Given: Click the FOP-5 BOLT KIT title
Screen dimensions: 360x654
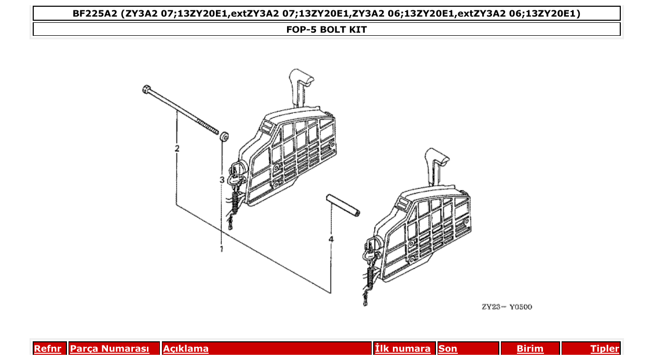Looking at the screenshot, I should point(326,30).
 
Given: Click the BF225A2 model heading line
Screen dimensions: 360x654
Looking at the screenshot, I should point(326,13).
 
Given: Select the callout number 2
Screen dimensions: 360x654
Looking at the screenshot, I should point(177,149).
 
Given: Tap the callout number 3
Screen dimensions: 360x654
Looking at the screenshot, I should point(222,180).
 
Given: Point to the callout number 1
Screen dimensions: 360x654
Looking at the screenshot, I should point(221,249).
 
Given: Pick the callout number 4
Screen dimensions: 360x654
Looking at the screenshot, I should point(331,239).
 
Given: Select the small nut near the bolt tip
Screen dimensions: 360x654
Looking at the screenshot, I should point(224,137).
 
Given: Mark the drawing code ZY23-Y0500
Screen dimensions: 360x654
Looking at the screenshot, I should point(507,307).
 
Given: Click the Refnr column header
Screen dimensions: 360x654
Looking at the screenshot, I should point(48,349).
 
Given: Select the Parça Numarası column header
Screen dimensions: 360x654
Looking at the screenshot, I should point(110,349).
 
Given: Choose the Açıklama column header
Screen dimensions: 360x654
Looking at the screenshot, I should point(186,349).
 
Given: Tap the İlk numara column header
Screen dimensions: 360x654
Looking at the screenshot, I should point(402,349).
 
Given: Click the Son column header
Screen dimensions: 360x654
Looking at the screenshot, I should point(448,349).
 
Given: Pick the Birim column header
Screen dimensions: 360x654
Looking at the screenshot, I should point(530,349).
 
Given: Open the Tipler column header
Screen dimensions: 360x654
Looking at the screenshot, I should point(605,349).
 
